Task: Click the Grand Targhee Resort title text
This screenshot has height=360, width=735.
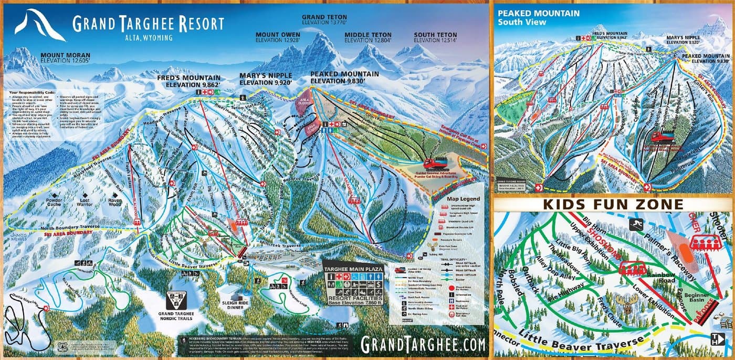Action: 148,24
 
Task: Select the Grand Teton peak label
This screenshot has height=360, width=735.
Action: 324,20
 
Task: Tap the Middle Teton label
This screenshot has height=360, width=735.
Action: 367,37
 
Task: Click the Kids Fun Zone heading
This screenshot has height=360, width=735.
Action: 613,204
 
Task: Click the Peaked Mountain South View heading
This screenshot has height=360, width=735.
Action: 538,17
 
